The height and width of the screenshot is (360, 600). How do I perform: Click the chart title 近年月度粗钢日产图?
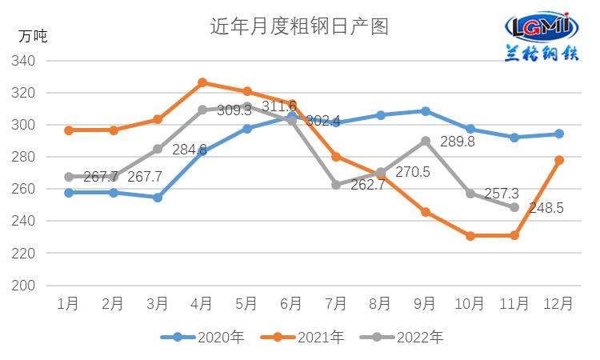point(299,26)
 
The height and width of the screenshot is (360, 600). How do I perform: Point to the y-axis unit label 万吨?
point(33,35)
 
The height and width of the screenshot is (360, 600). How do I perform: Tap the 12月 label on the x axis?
point(558,304)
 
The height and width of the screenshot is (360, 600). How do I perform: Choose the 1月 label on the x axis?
point(69,304)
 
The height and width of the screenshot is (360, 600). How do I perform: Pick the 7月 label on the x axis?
point(336,304)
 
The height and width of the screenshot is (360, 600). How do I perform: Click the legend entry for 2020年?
point(203,338)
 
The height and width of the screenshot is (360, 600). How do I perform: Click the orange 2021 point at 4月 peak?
point(202,82)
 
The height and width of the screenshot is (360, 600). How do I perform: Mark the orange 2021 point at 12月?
point(559,160)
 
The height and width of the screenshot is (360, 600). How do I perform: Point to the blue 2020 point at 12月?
point(559,134)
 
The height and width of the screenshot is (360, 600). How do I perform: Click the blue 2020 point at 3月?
point(158,197)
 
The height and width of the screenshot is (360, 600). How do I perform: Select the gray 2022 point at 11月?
point(514,207)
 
